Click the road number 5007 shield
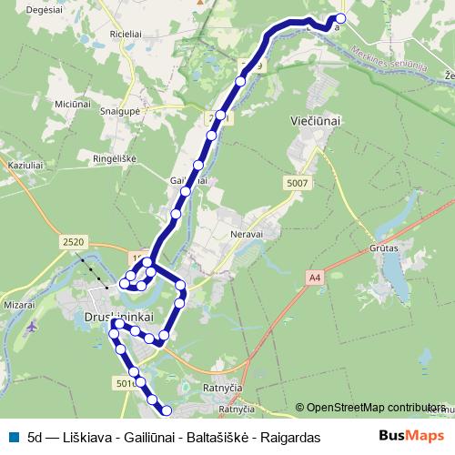pos(297,184)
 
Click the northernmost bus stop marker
pos(341,18)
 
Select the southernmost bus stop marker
pos(167,415)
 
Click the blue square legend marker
pos(11,437)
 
